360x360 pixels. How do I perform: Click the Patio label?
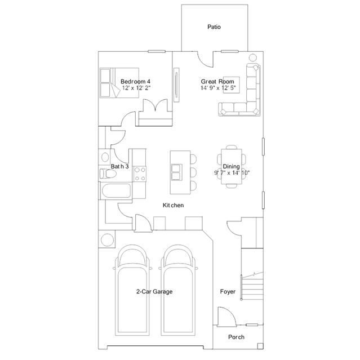click(x=214, y=27)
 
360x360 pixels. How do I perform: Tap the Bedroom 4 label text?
click(x=135, y=82)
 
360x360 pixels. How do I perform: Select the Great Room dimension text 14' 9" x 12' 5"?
click(x=218, y=88)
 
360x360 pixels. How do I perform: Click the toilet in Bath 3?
click(x=108, y=174)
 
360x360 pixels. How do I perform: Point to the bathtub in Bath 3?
click(x=116, y=191)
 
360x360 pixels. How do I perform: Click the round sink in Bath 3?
click(x=105, y=157)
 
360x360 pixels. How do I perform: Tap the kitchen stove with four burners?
click(x=140, y=174)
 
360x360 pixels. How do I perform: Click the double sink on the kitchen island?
click(x=176, y=172)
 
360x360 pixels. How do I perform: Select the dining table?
click(x=232, y=166)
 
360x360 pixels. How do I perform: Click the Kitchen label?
click(x=173, y=205)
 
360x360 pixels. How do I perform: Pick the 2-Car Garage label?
click(x=154, y=292)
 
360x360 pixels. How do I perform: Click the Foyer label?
click(x=228, y=292)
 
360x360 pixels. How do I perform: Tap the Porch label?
click(x=236, y=337)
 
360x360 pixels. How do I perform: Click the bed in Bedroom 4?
click(x=119, y=83)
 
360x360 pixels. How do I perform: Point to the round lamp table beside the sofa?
click(x=252, y=57)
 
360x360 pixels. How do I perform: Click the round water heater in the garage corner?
click(x=107, y=239)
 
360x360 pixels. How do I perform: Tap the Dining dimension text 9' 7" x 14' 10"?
click(x=232, y=172)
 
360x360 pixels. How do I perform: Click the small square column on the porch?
click(x=260, y=346)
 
